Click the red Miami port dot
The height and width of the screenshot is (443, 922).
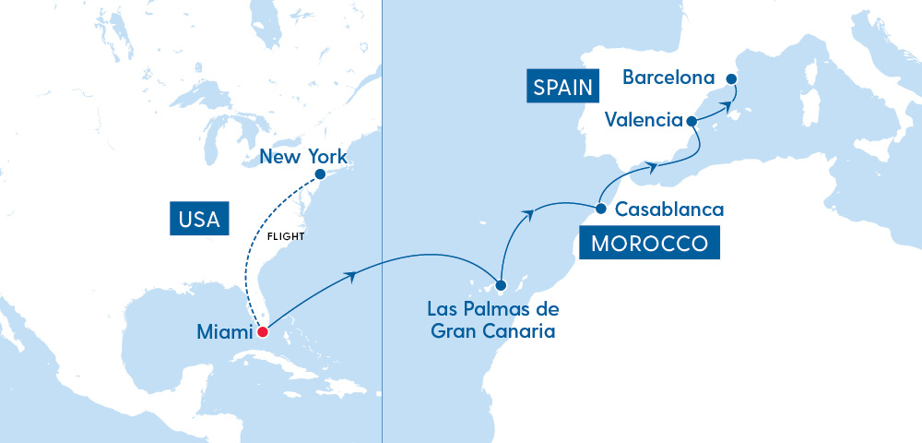(x=262, y=332)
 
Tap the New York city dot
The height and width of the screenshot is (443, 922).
(x=320, y=174)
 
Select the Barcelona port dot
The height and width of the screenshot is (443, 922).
(x=731, y=78)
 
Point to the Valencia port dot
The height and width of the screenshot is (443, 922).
(x=691, y=121)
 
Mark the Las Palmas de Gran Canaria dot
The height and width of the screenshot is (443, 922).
(x=501, y=285)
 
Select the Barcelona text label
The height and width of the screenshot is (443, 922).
(x=668, y=78)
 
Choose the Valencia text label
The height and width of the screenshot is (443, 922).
(x=644, y=120)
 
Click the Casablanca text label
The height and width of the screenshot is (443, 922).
(x=668, y=210)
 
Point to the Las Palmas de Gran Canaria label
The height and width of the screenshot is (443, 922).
(x=493, y=319)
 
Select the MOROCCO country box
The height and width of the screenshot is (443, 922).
(x=649, y=245)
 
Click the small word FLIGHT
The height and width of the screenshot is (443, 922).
(x=285, y=236)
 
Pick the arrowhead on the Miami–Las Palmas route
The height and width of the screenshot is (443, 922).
(x=349, y=274)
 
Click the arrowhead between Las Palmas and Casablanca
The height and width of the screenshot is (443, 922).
(x=529, y=213)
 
